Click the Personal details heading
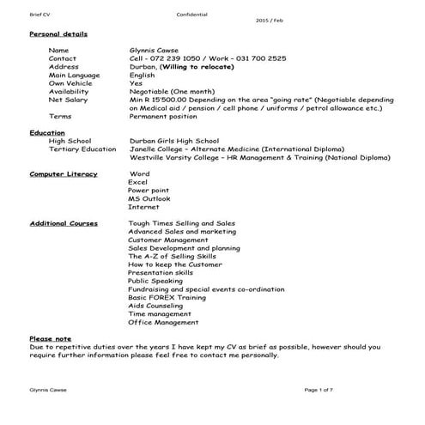tap(58, 33)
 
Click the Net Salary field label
tap(68, 100)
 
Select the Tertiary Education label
tap(82, 149)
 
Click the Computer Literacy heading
tap(64, 173)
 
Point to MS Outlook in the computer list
tap(149, 198)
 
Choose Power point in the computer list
tap(148, 190)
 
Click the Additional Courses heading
tap(64, 223)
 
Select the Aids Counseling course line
tap(155, 305)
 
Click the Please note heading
tap(50, 338)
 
